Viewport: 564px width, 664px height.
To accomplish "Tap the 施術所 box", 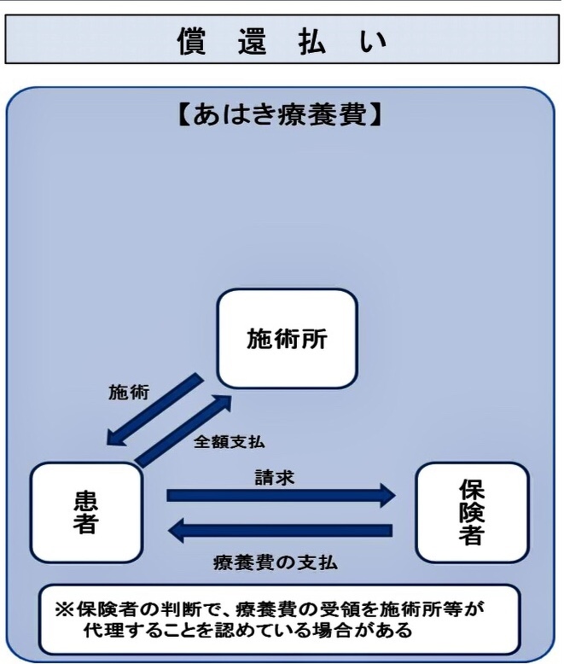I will pos(287,338).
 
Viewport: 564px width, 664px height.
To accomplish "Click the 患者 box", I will pos(84,512).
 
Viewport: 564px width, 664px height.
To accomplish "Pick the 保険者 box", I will pos(471,512).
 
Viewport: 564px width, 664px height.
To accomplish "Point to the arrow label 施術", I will pos(129,393).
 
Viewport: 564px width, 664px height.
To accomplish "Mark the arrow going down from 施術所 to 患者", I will pos(153,411).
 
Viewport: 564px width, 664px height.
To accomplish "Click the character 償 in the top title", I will pos(194,39).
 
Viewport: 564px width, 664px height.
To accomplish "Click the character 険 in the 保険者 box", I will pos(471,512).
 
